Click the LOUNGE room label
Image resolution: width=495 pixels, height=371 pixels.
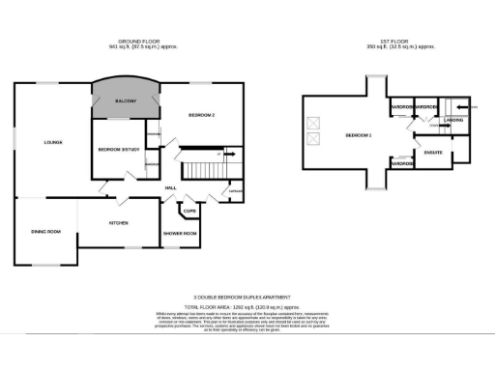(53, 143)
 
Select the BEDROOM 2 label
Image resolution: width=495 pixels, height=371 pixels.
(200, 116)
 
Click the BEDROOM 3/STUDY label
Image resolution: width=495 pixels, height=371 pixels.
(120, 149)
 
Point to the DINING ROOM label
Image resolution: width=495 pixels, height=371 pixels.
(45, 232)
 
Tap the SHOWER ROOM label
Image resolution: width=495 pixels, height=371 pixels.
(180, 234)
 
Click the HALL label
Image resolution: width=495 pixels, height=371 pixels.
(169, 187)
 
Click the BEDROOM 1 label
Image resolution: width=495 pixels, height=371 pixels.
(358, 134)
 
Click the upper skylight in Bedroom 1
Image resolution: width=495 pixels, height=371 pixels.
(311, 122)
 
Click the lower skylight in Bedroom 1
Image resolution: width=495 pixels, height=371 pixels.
(311, 140)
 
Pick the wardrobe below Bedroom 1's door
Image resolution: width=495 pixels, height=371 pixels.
(402, 164)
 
